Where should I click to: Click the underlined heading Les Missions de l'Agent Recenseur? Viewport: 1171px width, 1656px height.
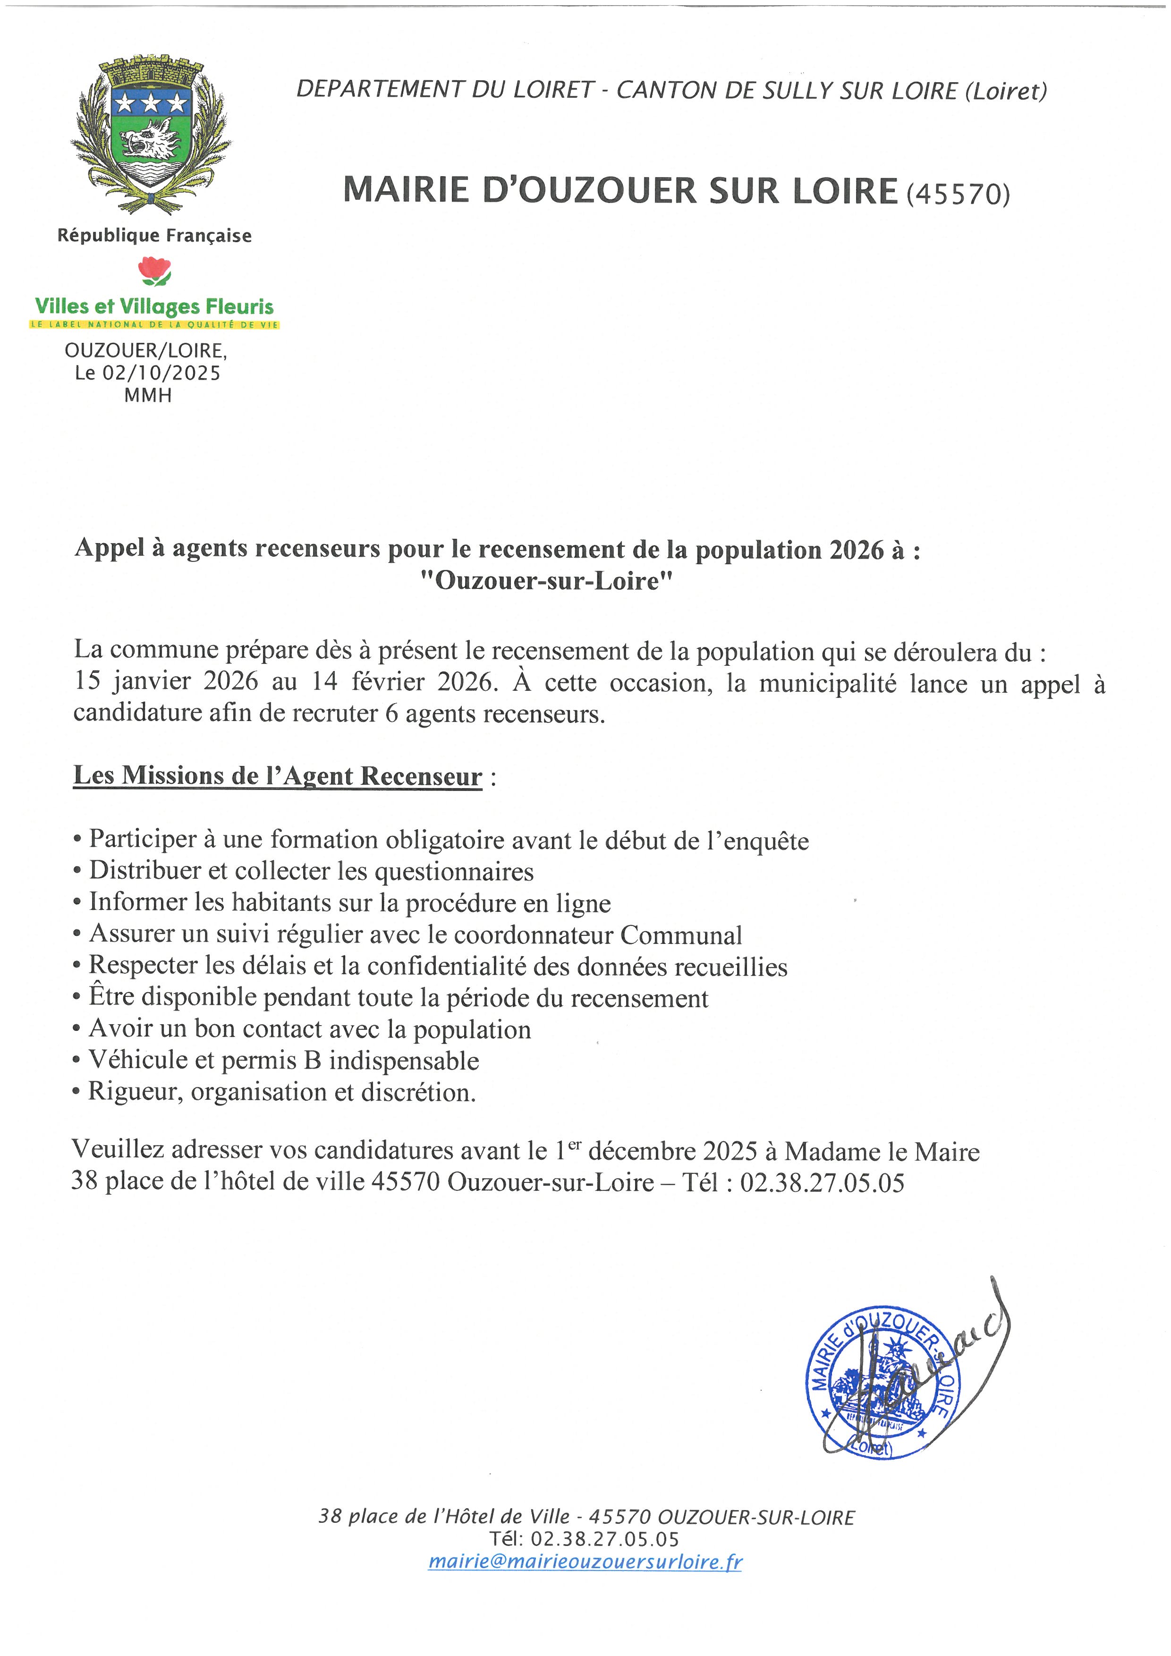click(278, 776)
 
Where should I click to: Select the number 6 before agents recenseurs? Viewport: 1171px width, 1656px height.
click(391, 713)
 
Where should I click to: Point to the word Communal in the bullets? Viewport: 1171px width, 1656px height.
click(681, 935)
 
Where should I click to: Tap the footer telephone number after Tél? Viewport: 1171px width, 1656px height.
click(604, 1539)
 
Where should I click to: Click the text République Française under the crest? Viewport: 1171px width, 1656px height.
click(154, 236)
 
